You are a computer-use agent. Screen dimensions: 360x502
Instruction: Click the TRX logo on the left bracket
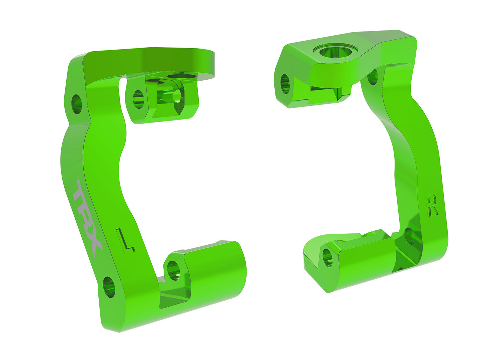point(86,218)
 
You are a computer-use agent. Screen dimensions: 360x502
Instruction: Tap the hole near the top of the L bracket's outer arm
point(77,104)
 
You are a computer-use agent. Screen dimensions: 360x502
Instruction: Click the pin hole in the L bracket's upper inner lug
point(138,99)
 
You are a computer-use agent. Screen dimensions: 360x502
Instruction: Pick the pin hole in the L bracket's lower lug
point(173,270)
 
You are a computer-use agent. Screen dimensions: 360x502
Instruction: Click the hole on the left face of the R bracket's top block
point(285,84)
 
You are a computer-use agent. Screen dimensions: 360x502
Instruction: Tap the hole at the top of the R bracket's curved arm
point(372,77)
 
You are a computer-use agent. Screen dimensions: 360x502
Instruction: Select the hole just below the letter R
point(410,236)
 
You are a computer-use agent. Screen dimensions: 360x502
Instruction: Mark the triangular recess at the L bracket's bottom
point(174,298)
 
